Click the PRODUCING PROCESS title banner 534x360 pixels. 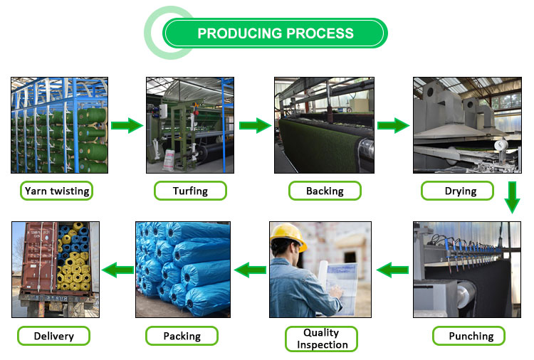click(275, 33)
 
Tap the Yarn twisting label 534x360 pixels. click(57, 191)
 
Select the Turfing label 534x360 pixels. click(190, 191)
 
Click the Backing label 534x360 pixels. click(325, 191)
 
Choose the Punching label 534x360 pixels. click(471, 336)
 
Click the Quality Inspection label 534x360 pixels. click(321, 339)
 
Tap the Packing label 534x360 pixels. click(182, 336)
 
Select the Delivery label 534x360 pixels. click(54, 336)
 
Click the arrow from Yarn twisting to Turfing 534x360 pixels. click(127, 126)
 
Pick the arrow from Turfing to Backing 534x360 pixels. click(255, 126)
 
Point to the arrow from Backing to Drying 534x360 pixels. click(393, 126)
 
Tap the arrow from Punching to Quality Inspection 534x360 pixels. click(392, 270)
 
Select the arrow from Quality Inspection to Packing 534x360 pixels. click(250, 270)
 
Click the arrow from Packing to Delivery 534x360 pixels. click(117, 270)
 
